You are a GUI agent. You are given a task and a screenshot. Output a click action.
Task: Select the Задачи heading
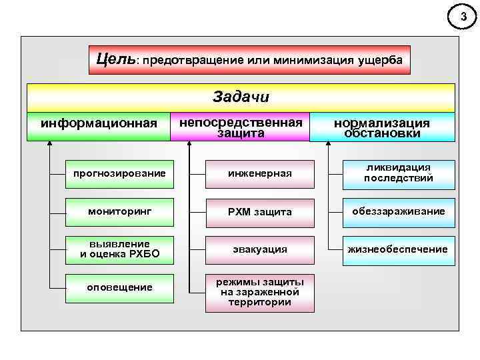241,97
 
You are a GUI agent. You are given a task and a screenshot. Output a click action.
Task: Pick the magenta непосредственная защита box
241,127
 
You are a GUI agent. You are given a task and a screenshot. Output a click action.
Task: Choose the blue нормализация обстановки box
382,127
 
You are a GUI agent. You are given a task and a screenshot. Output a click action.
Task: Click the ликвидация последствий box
398,173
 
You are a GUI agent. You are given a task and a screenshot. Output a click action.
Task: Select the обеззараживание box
398,211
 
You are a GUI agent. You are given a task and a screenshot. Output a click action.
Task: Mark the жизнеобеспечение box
398,249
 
